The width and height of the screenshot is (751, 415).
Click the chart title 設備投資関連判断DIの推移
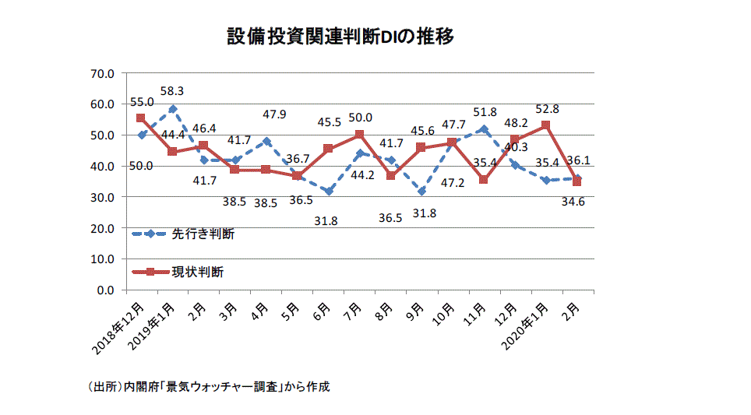340,37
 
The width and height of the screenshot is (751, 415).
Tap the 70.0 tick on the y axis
102,73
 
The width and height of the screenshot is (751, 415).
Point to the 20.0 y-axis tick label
102,228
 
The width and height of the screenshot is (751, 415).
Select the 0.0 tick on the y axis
105,290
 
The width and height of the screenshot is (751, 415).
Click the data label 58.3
173,91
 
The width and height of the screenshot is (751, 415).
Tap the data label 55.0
142,102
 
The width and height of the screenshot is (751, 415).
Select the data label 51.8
484,113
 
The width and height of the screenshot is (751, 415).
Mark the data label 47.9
273,114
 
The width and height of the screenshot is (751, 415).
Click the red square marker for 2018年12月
141,118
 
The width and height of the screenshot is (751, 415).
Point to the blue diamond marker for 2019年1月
172,109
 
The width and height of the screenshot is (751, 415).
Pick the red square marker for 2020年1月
545,125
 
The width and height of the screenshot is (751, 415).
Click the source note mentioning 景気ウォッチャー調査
210,387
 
